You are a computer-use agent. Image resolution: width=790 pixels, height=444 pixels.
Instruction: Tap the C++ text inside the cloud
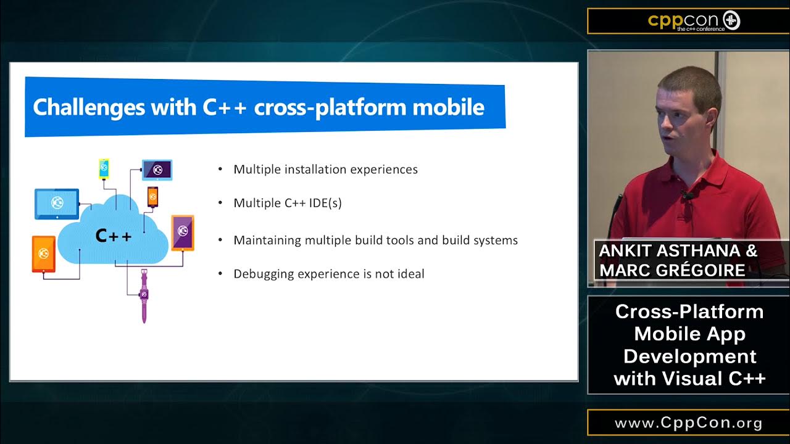(x=114, y=236)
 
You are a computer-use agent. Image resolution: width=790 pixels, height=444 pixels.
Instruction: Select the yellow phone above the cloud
(x=104, y=168)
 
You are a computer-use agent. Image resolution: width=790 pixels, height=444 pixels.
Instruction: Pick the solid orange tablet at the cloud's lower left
(x=44, y=253)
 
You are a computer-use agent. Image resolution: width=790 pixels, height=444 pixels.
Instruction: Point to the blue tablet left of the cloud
(x=57, y=203)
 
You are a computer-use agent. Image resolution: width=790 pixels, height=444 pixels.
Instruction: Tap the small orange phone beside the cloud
(x=152, y=197)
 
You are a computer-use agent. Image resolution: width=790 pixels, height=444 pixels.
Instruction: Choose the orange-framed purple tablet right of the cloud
(x=183, y=232)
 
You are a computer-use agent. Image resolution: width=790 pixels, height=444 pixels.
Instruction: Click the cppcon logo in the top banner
(x=693, y=21)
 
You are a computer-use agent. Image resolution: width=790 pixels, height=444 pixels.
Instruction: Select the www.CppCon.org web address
(x=688, y=424)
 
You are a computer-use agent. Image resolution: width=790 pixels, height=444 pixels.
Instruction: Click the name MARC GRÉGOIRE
(x=672, y=270)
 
